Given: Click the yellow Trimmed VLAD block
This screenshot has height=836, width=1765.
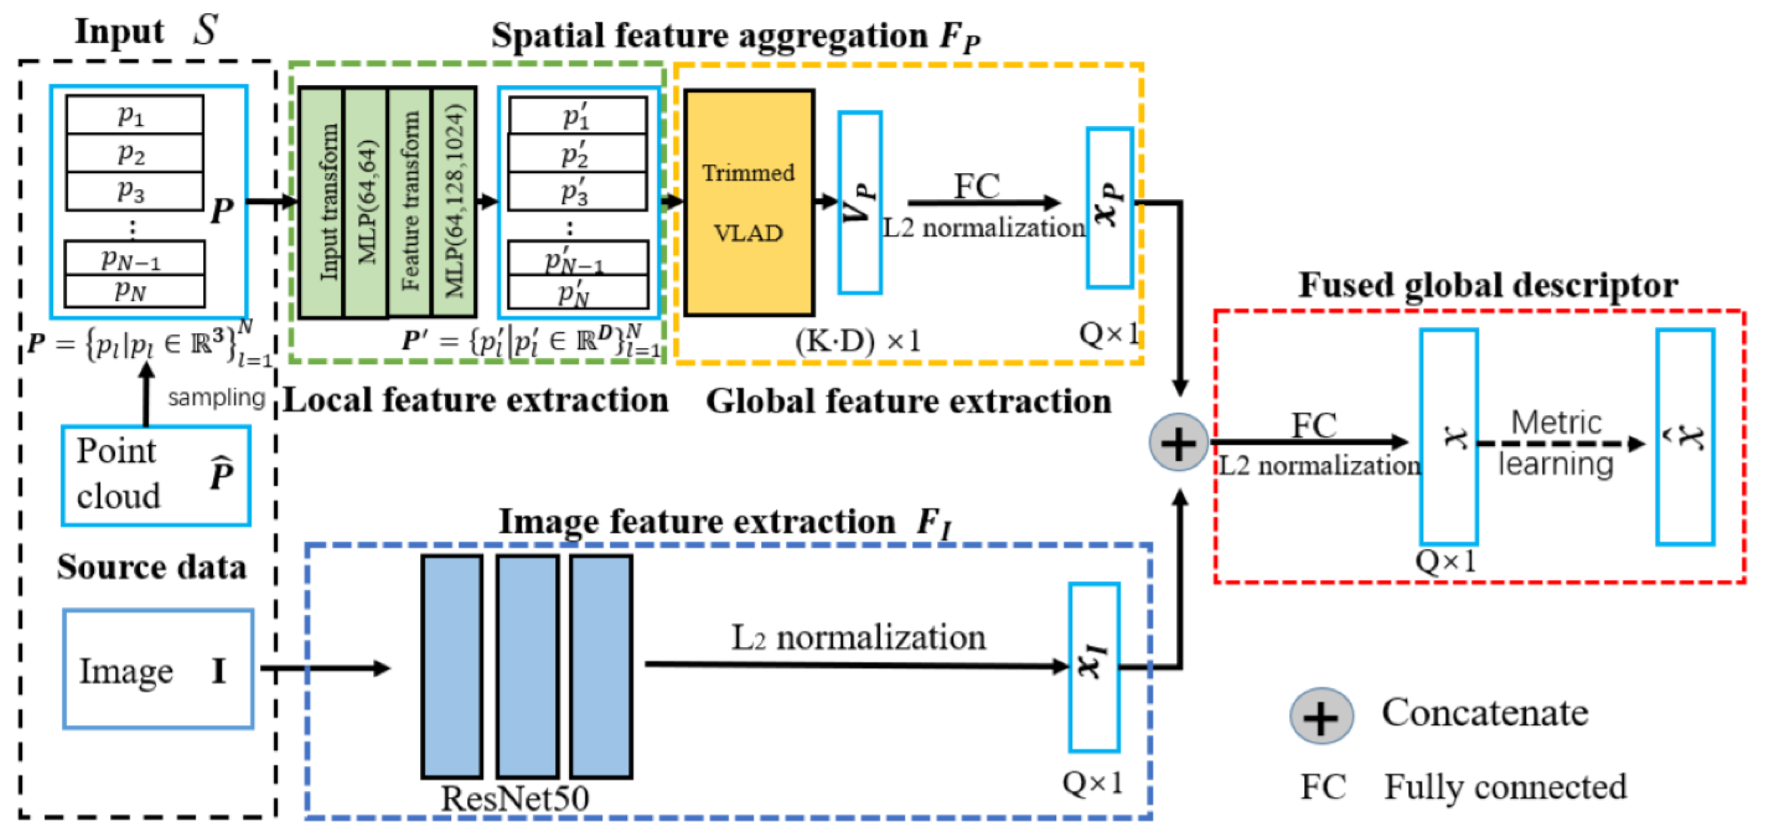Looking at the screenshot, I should (x=748, y=203).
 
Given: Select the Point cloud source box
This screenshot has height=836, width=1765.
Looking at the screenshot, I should (x=156, y=475).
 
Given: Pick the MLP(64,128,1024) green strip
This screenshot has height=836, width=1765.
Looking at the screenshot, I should (x=454, y=203).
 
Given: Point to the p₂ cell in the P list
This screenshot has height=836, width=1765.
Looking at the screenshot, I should (x=134, y=153).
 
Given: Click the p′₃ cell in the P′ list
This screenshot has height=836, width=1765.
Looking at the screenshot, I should (x=577, y=192).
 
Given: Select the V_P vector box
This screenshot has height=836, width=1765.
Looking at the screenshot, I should (x=859, y=203).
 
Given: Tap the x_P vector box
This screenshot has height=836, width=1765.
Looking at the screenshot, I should (x=1108, y=207).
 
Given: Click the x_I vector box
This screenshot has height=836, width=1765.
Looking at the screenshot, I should (x=1094, y=667).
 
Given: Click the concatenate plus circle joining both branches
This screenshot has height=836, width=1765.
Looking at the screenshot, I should (x=1179, y=443).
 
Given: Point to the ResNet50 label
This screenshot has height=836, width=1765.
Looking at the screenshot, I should (x=515, y=798).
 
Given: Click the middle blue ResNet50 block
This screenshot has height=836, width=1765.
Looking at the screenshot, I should (x=527, y=666).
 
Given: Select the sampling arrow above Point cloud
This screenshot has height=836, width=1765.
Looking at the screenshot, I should (x=145, y=394).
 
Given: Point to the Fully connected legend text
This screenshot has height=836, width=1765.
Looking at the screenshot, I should (x=1505, y=787).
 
